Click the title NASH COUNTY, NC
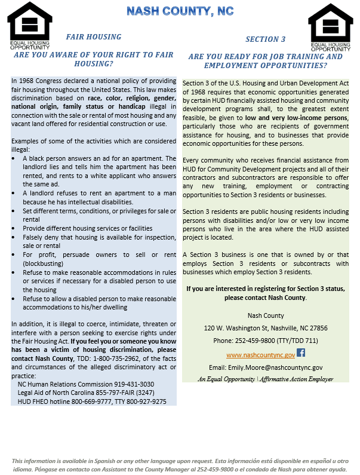180,11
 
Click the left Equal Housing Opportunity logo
29,26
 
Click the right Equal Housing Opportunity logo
330,26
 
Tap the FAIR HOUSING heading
93,37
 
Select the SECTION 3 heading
266,39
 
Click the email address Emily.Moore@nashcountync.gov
266,367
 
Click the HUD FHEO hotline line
92,402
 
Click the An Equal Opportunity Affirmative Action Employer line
266,379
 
